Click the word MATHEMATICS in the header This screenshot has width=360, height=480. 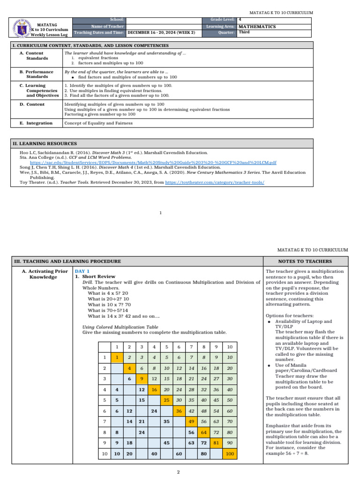click(x=257, y=27)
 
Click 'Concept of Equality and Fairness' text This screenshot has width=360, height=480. click(x=98, y=123)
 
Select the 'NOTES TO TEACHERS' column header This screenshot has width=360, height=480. click(x=305, y=261)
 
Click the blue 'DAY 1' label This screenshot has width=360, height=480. click(x=82, y=271)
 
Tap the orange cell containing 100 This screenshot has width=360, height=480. click(x=230, y=454)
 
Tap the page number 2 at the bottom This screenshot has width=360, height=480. click(x=179, y=472)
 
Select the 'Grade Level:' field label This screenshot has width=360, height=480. click(x=222, y=19)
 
